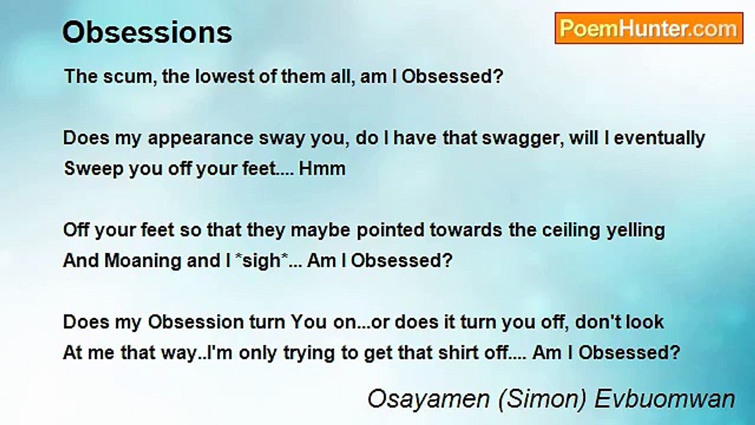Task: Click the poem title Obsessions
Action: [x=147, y=32]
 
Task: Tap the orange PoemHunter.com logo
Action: [x=649, y=28]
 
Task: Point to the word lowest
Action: [x=225, y=76]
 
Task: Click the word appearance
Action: [x=201, y=139]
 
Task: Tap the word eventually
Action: [x=659, y=139]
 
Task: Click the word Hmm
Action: [x=322, y=169]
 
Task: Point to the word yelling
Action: [x=636, y=231]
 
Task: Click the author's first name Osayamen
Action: [x=428, y=400]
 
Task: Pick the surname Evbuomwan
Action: [x=665, y=399]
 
